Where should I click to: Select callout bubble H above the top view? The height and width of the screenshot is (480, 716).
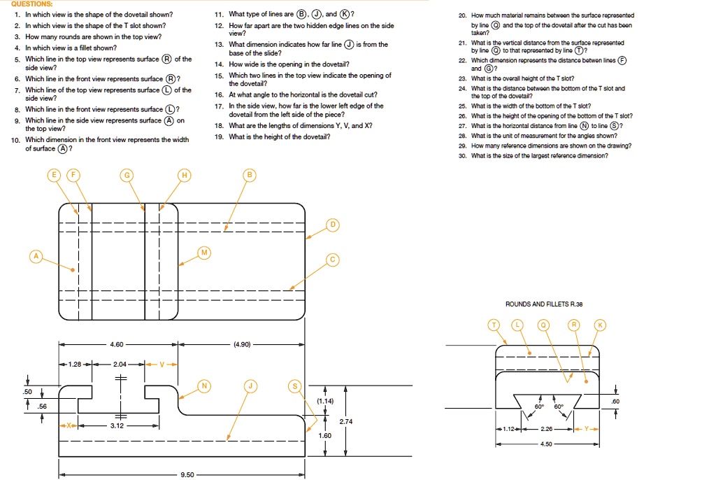pyautogui.click(x=185, y=175)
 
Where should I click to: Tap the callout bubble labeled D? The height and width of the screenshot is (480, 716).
pyautogui.click(x=333, y=225)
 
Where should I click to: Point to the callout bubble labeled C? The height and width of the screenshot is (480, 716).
pyautogui.click(x=333, y=260)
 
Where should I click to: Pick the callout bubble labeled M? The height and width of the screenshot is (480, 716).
pyautogui.click(x=204, y=252)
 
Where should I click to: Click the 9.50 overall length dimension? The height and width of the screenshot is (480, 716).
pyautogui.click(x=187, y=474)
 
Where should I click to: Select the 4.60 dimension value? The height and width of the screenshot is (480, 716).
pyautogui.click(x=117, y=344)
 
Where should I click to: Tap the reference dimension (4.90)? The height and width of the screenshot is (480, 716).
pyautogui.click(x=242, y=344)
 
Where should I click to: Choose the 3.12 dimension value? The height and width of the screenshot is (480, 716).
pyautogui.click(x=117, y=425)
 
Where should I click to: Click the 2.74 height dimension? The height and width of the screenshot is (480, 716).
pyautogui.click(x=346, y=421)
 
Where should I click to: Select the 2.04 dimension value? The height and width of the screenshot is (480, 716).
pyautogui.click(x=122, y=365)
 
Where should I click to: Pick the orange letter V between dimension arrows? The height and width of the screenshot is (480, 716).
pyautogui.click(x=162, y=365)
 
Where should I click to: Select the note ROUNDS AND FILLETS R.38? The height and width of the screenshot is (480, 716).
pyautogui.click(x=543, y=304)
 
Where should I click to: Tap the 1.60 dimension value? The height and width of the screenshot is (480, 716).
pyautogui.click(x=325, y=435)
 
